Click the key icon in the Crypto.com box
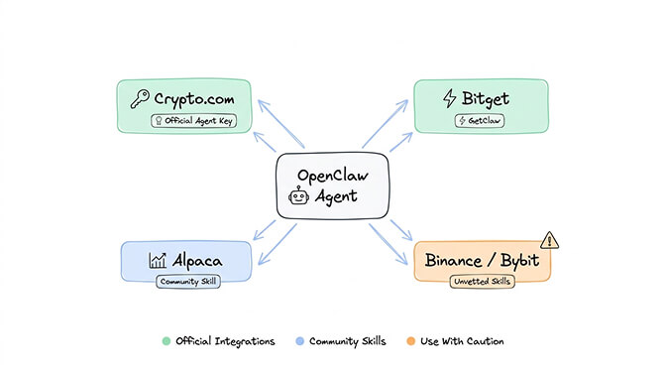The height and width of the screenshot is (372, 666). (x=139, y=98)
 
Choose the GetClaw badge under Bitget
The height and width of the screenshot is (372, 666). (x=480, y=120)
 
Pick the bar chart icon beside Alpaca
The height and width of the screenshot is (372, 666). (x=158, y=261)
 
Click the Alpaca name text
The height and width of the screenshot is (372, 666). (x=196, y=261)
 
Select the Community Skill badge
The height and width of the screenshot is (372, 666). (x=187, y=281)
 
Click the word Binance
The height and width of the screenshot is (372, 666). (x=458, y=261)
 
